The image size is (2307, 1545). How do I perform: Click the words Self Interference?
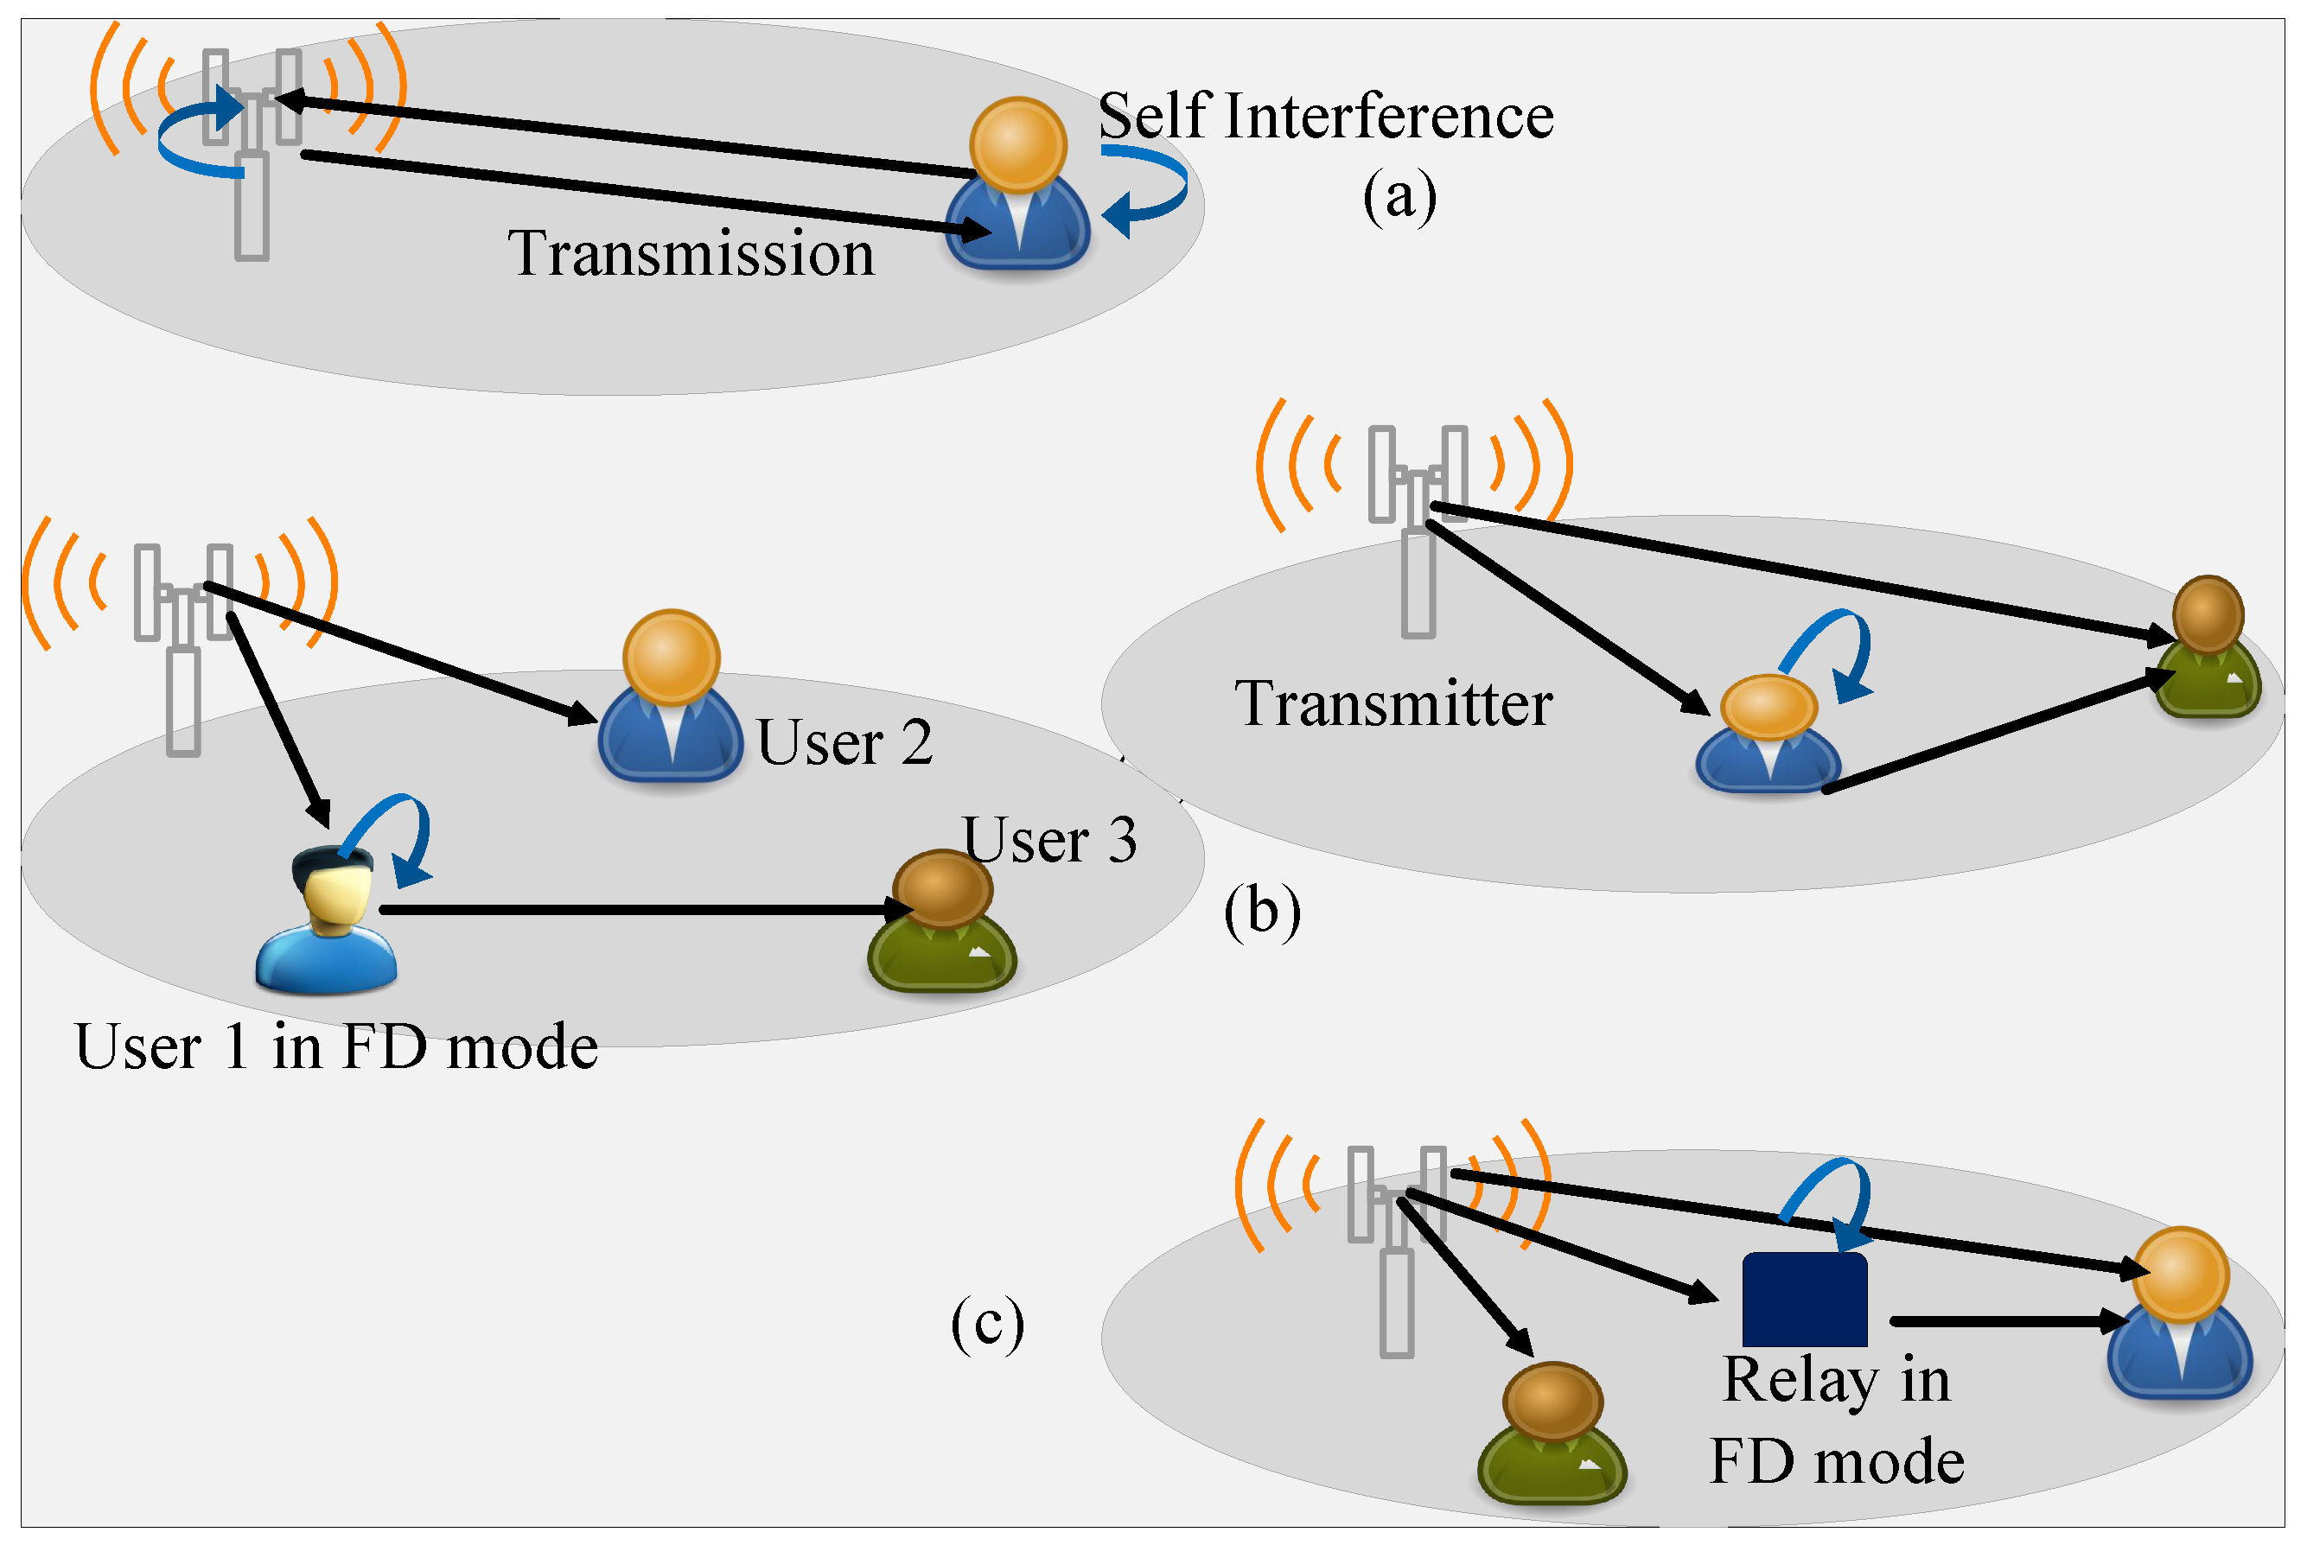pos(1324,117)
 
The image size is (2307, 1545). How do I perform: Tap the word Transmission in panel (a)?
pos(690,254)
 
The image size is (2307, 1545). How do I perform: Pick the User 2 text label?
pos(844,742)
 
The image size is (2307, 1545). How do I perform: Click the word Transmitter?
pos(1392,704)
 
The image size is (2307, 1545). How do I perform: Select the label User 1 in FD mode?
pos(335,1046)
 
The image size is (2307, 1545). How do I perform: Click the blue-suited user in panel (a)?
pos(1017,188)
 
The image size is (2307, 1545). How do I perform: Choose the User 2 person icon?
pos(670,697)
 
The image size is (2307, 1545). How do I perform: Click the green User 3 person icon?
pos(941,921)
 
